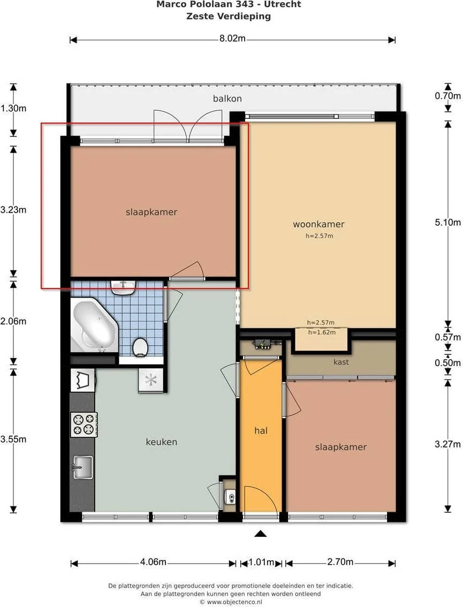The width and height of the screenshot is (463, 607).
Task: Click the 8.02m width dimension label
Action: (232, 39)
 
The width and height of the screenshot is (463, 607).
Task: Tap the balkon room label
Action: (227, 98)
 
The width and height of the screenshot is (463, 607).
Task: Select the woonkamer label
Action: (318, 224)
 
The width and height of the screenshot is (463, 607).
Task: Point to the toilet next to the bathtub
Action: (140, 347)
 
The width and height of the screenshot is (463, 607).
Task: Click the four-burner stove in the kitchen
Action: (84, 424)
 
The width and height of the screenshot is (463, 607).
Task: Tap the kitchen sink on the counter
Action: (83, 467)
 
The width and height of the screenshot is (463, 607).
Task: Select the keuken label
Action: (162, 442)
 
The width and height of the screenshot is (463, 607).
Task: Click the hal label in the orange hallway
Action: (261, 430)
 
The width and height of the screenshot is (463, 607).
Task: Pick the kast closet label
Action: (341, 362)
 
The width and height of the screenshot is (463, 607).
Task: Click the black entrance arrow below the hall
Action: (261, 534)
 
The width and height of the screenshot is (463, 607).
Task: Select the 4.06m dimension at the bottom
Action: (153, 562)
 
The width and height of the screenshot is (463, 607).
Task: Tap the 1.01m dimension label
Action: (261, 562)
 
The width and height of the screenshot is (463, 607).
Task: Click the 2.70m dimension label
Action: (340, 562)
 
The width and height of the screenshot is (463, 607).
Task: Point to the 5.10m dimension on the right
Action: (448, 223)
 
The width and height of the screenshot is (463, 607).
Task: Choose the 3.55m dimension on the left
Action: (13, 439)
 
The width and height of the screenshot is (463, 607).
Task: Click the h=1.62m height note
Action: (322, 332)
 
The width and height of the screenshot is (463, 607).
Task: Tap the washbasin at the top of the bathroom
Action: (123, 287)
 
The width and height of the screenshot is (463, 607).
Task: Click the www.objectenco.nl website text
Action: (234, 602)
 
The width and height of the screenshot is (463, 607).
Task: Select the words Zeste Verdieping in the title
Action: (229, 16)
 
